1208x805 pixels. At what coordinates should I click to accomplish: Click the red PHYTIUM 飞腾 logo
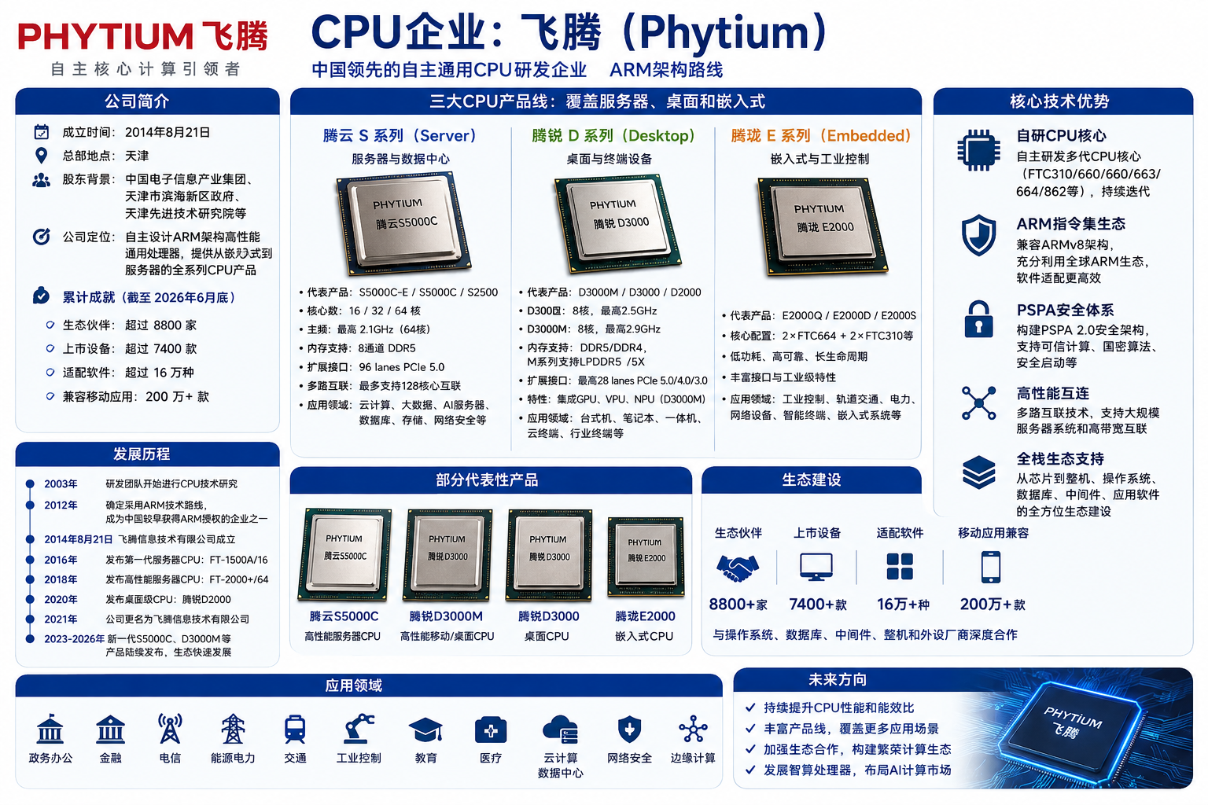pyautogui.click(x=142, y=36)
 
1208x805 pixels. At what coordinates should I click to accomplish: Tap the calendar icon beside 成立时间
pyautogui.click(x=42, y=132)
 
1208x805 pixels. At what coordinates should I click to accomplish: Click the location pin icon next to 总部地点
pyautogui.click(x=41, y=156)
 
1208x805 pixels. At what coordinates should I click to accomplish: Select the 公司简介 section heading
pyautogui.click(x=137, y=101)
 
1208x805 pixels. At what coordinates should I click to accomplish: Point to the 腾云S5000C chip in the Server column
pyautogui.click(x=403, y=222)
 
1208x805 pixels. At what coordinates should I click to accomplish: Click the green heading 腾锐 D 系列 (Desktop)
pyautogui.click(x=613, y=135)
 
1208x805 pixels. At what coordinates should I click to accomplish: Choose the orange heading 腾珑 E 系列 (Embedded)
pyautogui.click(x=821, y=135)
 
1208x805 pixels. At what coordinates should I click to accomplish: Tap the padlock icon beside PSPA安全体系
pyautogui.click(x=978, y=319)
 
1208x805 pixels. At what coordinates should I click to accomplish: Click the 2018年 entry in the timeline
pyautogui.click(x=61, y=579)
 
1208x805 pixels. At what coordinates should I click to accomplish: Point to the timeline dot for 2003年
pyautogui.click(x=30, y=483)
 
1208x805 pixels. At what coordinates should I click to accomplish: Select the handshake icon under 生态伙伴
pyautogui.click(x=738, y=568)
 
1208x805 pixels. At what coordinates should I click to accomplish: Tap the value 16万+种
pyautogui.click(x=904, y=605)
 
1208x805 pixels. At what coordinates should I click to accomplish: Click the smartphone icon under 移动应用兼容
pyautogui.click(x=991, y=568)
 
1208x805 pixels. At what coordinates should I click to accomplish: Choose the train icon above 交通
pyautogui.click(x=295, y=729)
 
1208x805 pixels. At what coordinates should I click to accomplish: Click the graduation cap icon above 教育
pyautogui.click(x=425, y=730)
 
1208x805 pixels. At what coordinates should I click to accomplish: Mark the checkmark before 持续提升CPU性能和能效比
pyautogui.click(x=750, y=708)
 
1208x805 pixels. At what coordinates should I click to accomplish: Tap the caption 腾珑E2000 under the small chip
pyautogui.click(x=645, y=616)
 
